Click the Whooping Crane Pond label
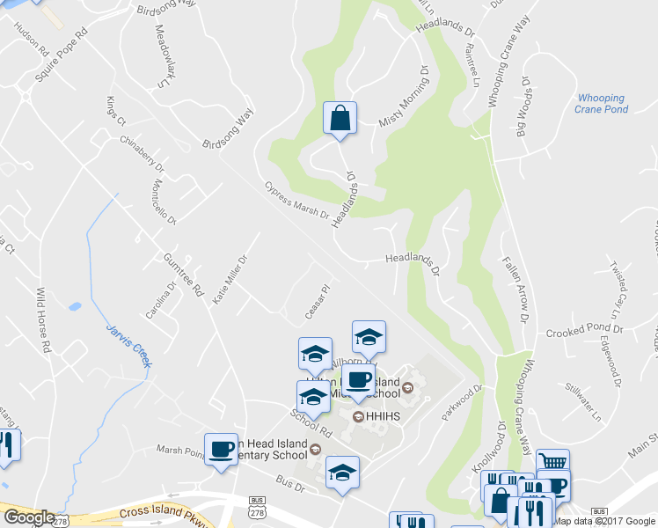pyautogui.click(x=601, y=104)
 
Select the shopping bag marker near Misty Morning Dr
pyautogui.click(x=340, y=118)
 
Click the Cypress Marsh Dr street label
pyautogui.click(x=296, y=201)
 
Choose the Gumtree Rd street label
pyautogui.click(x=184, y=273)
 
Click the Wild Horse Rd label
pyautogui.click(x=44, y=319)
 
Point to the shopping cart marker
pyautogui.click(x=552, y=463)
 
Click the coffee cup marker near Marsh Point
pyautogui.click(x=221, y=449)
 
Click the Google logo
pyautogui.click(x=29, y=517)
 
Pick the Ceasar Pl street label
pyautogui.click(x=318, y=303)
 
